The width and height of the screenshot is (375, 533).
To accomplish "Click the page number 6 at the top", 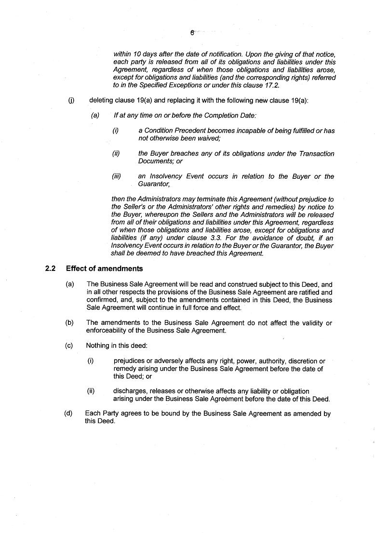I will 192,33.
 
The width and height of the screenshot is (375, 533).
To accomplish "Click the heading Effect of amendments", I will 104,268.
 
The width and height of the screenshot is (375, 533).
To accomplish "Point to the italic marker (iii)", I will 116,176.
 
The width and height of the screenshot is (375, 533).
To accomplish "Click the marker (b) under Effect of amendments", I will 69,323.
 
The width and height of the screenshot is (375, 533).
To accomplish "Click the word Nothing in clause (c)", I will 98,346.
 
